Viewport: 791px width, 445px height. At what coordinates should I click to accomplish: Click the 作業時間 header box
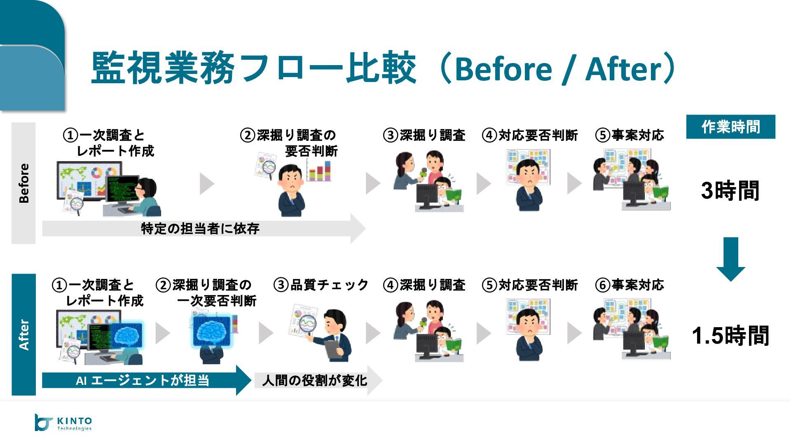tap(730, 127)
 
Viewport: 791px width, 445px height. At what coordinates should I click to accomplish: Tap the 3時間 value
tap(730, 191)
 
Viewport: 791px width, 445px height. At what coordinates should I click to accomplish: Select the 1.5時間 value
tap(730, 335)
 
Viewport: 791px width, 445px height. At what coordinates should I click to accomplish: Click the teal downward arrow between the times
tap(731, 259)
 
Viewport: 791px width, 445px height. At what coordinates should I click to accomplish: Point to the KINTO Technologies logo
tap(63, 423)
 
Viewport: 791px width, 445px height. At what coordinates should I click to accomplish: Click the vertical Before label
tap(24, 183)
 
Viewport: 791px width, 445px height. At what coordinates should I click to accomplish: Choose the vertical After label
tap(24, 335)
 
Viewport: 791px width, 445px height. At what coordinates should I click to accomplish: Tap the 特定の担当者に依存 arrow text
tap(200, 229)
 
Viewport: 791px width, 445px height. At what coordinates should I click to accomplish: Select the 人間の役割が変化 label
tap(314, 380)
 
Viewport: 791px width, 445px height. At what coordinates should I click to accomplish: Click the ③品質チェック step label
tap(321, 285)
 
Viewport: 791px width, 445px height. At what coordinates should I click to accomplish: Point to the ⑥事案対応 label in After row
tap(630, 285)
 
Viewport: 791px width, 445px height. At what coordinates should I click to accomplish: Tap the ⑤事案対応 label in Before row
tap(630, 135)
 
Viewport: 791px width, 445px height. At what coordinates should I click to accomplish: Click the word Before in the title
tap(503, 69)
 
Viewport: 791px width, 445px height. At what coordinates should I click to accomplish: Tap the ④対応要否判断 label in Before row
tap(530, 135)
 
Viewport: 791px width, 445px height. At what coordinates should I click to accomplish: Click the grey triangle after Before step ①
tap(206, 183)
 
